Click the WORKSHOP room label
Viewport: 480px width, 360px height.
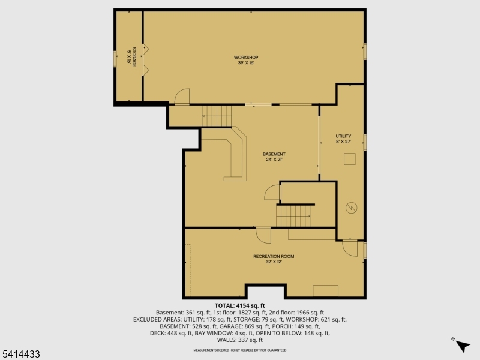[246, 57]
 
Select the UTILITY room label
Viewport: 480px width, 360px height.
[343, 136]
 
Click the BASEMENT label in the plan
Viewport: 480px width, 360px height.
[274, 154]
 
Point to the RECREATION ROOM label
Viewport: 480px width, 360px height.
[274, 256]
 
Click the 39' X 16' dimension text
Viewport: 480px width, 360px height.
[246, 62]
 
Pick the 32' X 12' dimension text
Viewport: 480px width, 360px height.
[274, 262]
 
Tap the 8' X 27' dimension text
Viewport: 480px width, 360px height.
[343, 142]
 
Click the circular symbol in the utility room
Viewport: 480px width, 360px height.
[351, 208]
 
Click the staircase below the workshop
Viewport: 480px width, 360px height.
[216, 115]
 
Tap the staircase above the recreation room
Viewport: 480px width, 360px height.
[294, 215]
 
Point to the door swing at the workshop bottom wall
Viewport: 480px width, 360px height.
[182, 97]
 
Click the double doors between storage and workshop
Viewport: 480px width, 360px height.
[144, 60]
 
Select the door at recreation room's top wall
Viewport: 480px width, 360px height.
[263, 235]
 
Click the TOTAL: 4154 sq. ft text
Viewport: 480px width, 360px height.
[240, 305]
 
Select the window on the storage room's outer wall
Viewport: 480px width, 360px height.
[115, 59]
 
